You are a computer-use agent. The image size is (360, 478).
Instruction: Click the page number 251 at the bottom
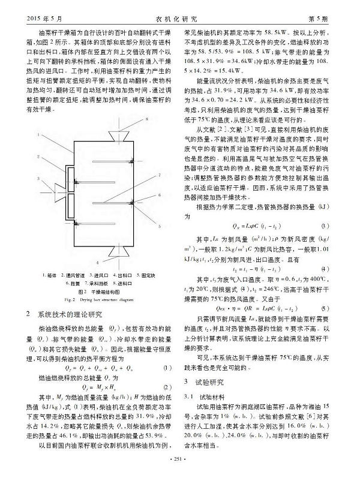point(178,459)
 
